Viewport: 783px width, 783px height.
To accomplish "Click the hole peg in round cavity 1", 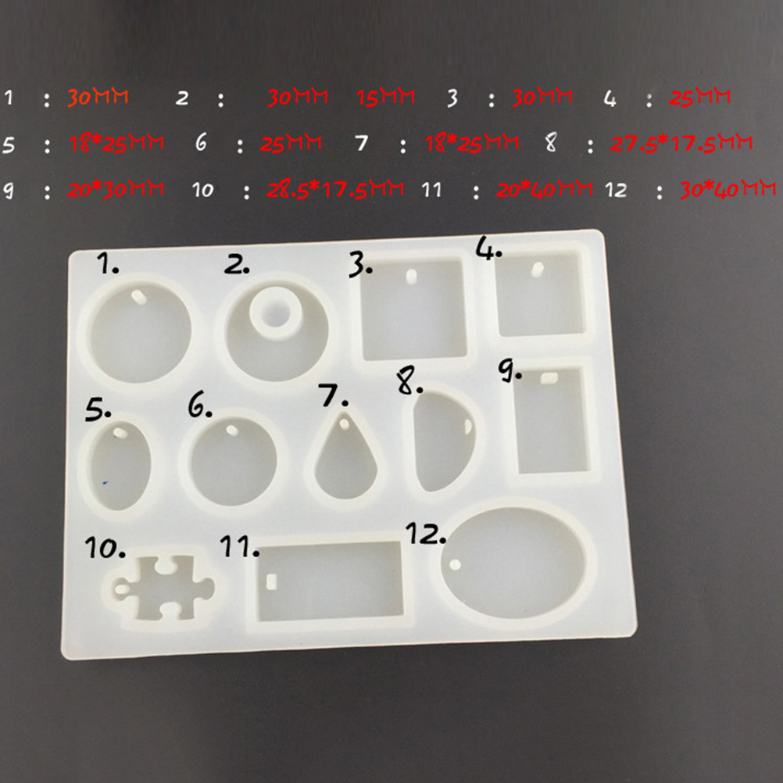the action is [138, 298].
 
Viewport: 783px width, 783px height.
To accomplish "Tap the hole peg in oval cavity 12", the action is [456, 565].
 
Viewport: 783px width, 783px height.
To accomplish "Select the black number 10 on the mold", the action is [105, 548].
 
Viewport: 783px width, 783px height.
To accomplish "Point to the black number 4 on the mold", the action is [488, 248].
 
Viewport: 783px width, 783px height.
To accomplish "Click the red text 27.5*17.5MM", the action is [681, 143].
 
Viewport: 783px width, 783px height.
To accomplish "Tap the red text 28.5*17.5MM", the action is [335, 189].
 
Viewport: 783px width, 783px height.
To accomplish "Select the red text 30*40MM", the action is [728, 189].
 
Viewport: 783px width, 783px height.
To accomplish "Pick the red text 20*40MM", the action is [545, 190].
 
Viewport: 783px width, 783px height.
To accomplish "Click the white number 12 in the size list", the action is [616, 190].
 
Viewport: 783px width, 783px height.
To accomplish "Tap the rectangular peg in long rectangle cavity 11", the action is [272, 581].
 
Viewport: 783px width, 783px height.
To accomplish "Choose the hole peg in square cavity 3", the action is [411, 277].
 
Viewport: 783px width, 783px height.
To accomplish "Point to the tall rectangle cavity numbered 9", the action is [551, 420].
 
